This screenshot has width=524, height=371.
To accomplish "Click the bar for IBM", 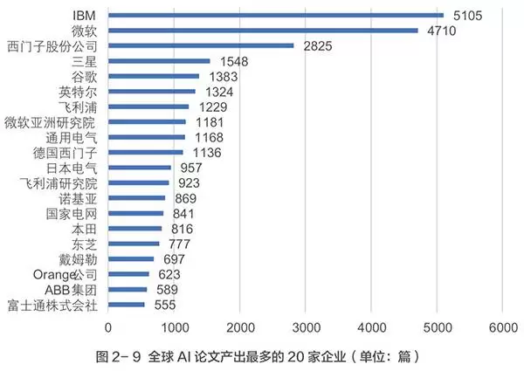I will coord(275,15).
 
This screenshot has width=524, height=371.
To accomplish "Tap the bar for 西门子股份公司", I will coord(201,45).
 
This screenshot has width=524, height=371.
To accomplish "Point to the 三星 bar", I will coord(159,61).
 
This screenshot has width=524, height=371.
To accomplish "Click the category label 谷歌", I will coord(84,77).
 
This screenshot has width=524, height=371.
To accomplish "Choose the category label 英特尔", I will coord(77,92).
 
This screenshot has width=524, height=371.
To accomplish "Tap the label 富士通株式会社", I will coord(52,305).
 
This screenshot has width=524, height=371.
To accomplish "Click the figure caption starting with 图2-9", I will coord(262,355).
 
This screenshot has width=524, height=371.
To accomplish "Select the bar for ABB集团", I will coord(128,290).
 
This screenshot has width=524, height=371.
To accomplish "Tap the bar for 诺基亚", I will coord(137,198).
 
